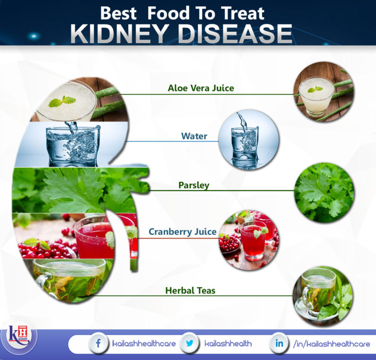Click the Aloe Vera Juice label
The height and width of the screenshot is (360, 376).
pos(201,89)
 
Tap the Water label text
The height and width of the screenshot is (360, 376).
pos(194,136)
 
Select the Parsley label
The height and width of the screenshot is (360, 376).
pos(193,185)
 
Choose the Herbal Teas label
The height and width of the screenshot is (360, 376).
pos(190,290)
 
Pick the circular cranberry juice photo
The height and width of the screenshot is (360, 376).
pos(248,240)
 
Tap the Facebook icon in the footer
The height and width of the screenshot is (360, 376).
pos(98,344)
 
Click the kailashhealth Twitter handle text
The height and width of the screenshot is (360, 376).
pos(228,344)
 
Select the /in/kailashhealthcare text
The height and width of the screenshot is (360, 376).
pos(331,344)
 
